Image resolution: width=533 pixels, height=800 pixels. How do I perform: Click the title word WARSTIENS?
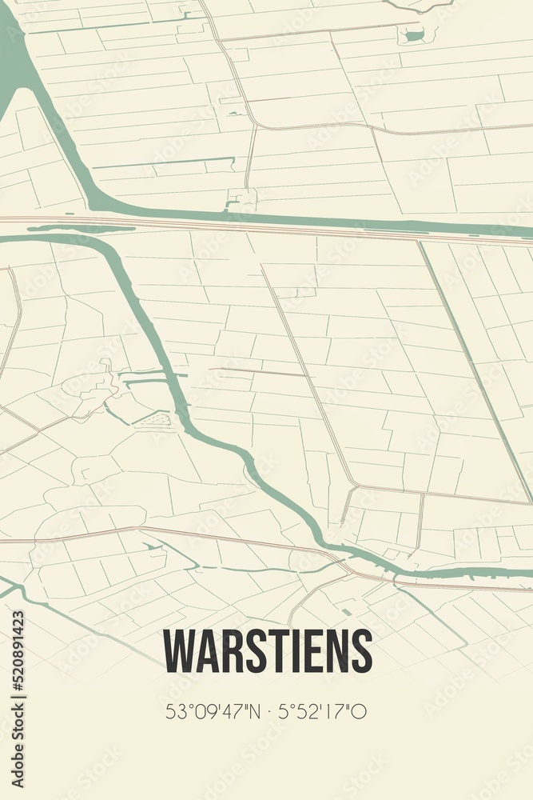[268, 651]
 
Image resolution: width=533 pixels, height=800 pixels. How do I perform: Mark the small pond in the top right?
[413, 34]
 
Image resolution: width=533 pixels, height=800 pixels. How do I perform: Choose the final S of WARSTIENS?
[361, 651]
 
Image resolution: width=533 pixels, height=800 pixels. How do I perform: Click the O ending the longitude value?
[360, 711]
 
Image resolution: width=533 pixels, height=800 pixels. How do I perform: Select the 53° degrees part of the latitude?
[177, 711]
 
